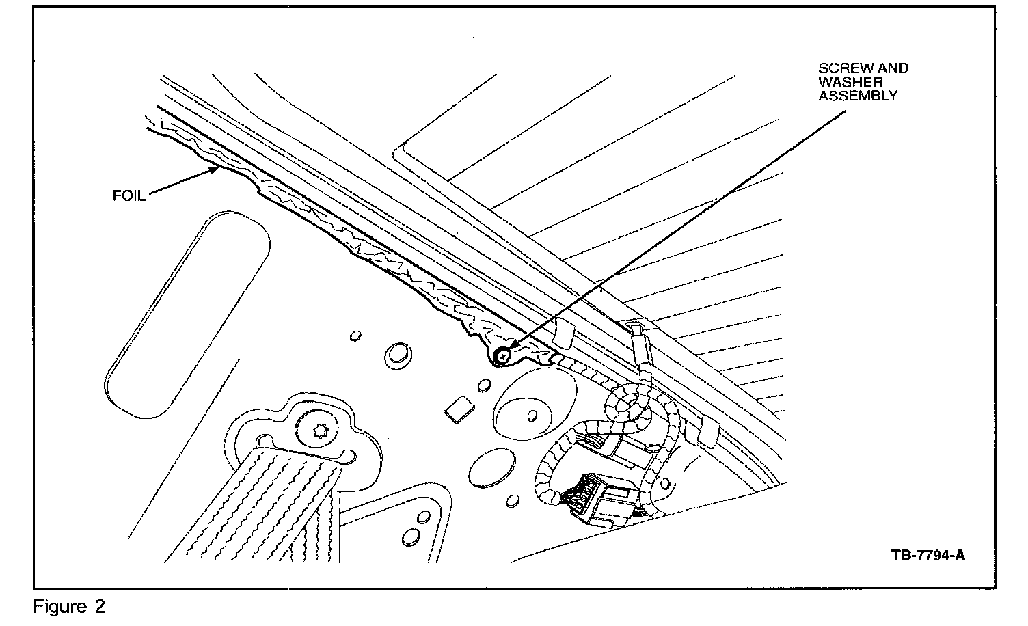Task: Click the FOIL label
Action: tap(129, 196)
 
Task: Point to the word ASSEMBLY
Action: tap(858, 96)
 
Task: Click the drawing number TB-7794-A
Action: tap(928, 554)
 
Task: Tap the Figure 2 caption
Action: tap(70, 607)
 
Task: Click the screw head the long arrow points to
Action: tap(503, 355)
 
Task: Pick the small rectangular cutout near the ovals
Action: tap(459, 409)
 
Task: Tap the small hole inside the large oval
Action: tap(531, 415)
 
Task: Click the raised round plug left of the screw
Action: tap(396, 354)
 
